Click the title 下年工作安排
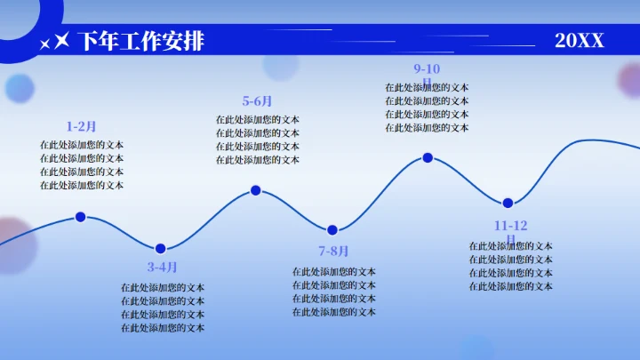pyautogui.click(x=141, y=41)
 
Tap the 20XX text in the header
pyautogui.click(x=580, y=41)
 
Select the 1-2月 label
pyautogui.click(x=82, y=126)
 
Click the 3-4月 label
pyautogui.click(x=163, y=267)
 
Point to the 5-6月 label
pyautogui.click(x=258, y=101)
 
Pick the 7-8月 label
pyautogui.click(x=334, y=251)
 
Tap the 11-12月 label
pyautogui.click(x=511, y=228)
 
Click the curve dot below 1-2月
pyautogui.click(x=81, y=216)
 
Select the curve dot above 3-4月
pyautogui.click(x=161, y=248)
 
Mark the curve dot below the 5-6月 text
pyautogui.click(x=256, y=190)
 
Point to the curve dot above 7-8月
pyautogui.click(x=332, y=230)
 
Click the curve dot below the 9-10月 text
pyautogui.click(x=428, y=157)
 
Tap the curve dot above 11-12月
pyautogui.click(x=508, y=203)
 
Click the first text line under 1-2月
pyautogui.click(x=82, y=145)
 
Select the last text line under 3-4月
pyautogui.click(x=163, y=328)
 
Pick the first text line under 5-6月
pyautogui.click(x=258, y=120)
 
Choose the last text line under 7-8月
pyautogui.click(x=334, y=312)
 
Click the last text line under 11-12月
pyautogui.click(x=511, y=286)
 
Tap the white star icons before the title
pyautogui.click(x=55, y=42)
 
